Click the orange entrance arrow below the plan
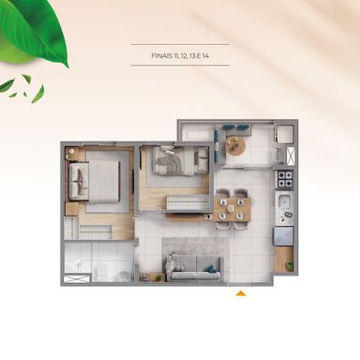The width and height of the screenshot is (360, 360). [241, 293]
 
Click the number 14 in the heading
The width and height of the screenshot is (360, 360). [205, 56]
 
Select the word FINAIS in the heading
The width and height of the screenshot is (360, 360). [162, 56]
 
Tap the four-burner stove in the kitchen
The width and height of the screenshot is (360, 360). [284, 179]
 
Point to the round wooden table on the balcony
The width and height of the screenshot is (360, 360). [235, 145]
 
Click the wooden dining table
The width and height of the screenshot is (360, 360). [232, 209]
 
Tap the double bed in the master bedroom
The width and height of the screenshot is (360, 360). [94, 181]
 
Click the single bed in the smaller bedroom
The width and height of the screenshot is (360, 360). [175, 161]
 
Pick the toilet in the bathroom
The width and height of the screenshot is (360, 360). [101, 271]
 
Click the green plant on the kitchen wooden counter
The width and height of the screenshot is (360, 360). [289, 265]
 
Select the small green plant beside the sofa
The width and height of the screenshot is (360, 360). [158, 277]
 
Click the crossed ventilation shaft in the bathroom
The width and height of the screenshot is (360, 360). [77, 278]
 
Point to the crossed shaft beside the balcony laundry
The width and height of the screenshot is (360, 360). [290, 156]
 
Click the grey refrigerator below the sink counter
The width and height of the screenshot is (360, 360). [284, 236]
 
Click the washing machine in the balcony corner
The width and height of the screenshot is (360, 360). [284, 134]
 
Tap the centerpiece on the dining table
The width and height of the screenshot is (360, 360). [232, 208]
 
